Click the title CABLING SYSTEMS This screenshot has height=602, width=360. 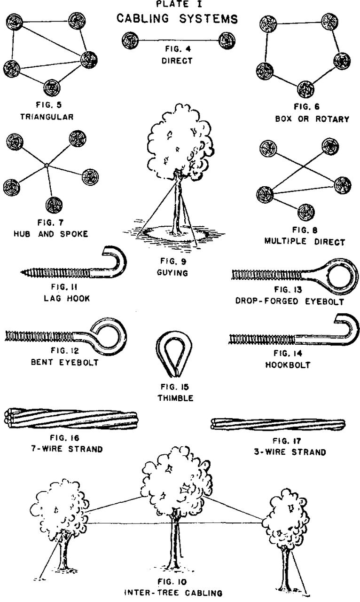pyautogui.click(x=177, y=19)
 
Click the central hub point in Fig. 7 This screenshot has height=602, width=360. pyautogui.click(x=47, y=165)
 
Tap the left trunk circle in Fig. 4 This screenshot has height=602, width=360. pyautogui.click(x=130, y=40)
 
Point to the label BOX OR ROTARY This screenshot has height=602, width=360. pyautogui.click(x=312, y=119)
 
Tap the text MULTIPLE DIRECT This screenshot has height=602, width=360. pyautogui.click(x=305, y=242)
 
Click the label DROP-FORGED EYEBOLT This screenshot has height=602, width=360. pyautogui.click(x=289, y=301)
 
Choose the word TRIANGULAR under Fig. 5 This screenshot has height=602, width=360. pyautogui.click(x=47, y=117)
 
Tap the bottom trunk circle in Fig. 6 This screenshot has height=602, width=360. pyautogui.click(x=306, y=88)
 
